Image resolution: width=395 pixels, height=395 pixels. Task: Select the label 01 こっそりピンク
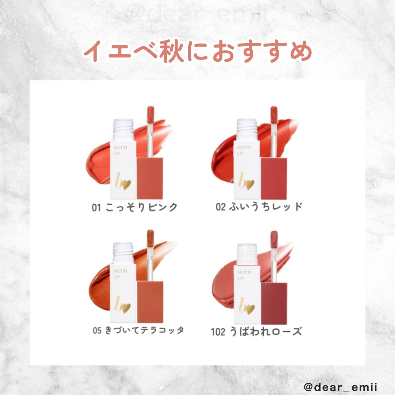tap(135, 207)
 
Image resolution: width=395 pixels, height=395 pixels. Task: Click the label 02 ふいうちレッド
tap(259, 207)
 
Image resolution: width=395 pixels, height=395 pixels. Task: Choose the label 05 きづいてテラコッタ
tap(138, 331)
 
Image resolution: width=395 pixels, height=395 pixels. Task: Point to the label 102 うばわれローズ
tap(256, 332)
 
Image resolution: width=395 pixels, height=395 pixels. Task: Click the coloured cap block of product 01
tap(150, 178)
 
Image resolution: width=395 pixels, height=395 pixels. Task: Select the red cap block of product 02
tap(274, 178)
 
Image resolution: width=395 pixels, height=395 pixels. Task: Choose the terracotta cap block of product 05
tap(150, 301)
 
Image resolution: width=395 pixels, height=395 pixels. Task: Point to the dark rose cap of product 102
tap(274, 303)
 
